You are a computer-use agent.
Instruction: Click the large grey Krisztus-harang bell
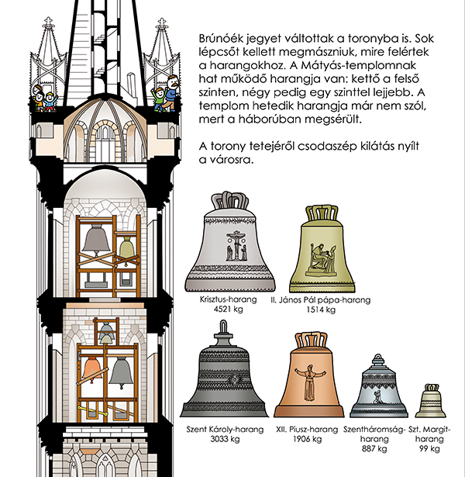click(230, 244)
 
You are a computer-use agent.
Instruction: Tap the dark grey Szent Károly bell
click(224, 372)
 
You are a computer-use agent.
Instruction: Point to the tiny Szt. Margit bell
click(430, 402)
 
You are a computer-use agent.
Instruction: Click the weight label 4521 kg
click(229, 309)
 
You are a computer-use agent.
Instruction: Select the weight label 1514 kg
click(321, 309)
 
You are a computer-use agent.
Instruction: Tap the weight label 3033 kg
click(225, 439)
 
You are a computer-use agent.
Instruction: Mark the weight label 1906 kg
click(307, 439)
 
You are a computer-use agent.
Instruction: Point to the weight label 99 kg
click(429, 448)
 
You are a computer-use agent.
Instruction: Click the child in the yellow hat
click(50, 102)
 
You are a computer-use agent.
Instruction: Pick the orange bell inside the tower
click(91, 370)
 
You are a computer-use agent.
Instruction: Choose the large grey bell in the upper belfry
click(96, 240)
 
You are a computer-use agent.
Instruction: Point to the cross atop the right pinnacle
click(161, 22)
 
